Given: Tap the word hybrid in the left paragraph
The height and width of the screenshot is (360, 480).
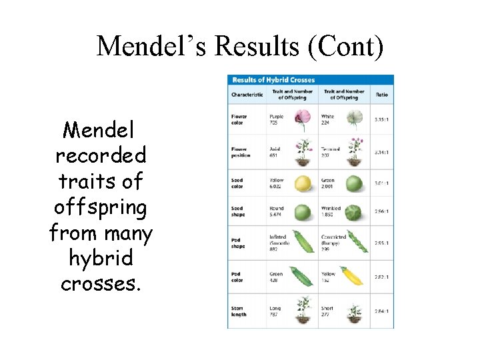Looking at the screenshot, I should point(101,258).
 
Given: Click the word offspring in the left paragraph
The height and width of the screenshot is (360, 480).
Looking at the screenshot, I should point(100,208).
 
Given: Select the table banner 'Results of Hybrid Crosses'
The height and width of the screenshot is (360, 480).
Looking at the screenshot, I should point(273,80).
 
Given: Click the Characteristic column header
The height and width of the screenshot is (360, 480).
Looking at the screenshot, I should point(247,95).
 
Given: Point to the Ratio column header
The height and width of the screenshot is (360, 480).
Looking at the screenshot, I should point(381,95).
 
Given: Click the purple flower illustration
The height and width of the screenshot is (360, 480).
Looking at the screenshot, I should point(302,120).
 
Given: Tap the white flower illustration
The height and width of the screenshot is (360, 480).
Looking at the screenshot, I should point(354,120).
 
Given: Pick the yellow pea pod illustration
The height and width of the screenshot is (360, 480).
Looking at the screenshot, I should point(352,275).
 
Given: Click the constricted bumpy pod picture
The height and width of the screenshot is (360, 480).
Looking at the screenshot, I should point(353,242).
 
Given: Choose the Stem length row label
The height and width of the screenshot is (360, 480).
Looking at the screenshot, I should point(239,312).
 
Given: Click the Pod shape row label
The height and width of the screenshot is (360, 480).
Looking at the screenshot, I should point(238,243).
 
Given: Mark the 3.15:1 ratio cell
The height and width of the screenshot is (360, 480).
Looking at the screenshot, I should point(381,120).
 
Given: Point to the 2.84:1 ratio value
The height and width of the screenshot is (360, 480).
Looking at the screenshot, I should point(381,311).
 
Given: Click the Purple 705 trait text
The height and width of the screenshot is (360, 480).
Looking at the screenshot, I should point(277,119).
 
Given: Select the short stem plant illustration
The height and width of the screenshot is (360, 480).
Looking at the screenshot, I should point(354,310).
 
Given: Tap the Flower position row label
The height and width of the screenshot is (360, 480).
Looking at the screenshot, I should point(241,152).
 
